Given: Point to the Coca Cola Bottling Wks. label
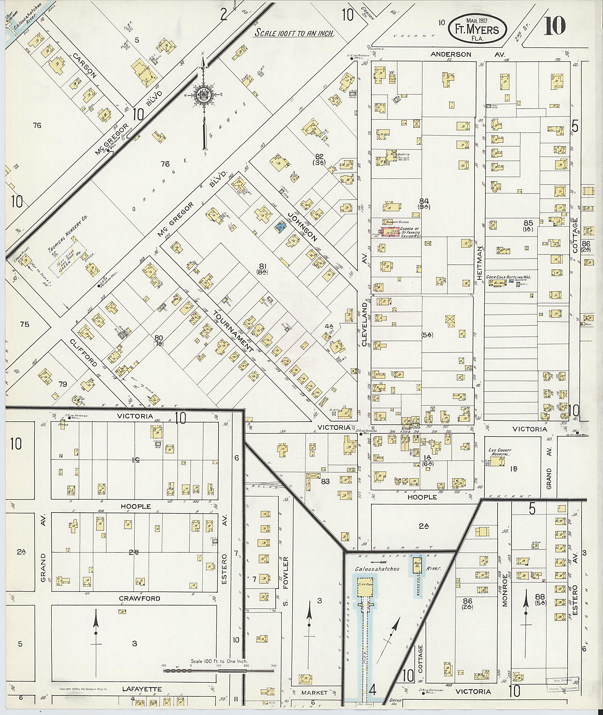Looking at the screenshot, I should click(x=510, y=277).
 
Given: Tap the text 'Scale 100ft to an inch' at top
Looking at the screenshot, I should click(x=294, y=34).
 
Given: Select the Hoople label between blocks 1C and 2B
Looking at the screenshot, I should click(x=136, y=506).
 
